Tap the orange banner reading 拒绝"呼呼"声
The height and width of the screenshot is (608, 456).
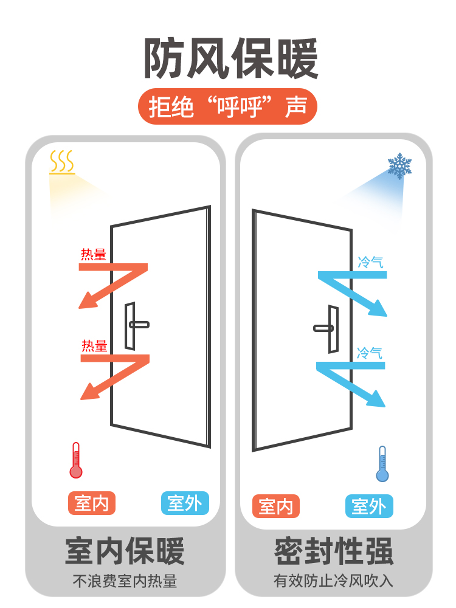(x=228, y=107)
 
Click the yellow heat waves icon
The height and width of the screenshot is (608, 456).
(x=62, y=162)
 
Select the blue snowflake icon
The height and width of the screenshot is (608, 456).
(x=399, y=165)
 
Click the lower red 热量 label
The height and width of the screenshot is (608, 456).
(x=94, y=346)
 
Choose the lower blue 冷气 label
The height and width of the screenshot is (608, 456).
(x=369, y=353)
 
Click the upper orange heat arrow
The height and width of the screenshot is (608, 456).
(x=116, y=283)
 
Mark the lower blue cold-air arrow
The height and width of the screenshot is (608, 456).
(x=351, y=381)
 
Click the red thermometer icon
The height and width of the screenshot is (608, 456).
(x=76, y=460)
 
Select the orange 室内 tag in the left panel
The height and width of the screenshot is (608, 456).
(x=91, y=503)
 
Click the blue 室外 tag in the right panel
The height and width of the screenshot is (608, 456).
(x=369, y=506)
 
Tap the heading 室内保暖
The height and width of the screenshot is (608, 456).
(x=125, y=551)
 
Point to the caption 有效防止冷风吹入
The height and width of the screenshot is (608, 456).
(x=333, y=581)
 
